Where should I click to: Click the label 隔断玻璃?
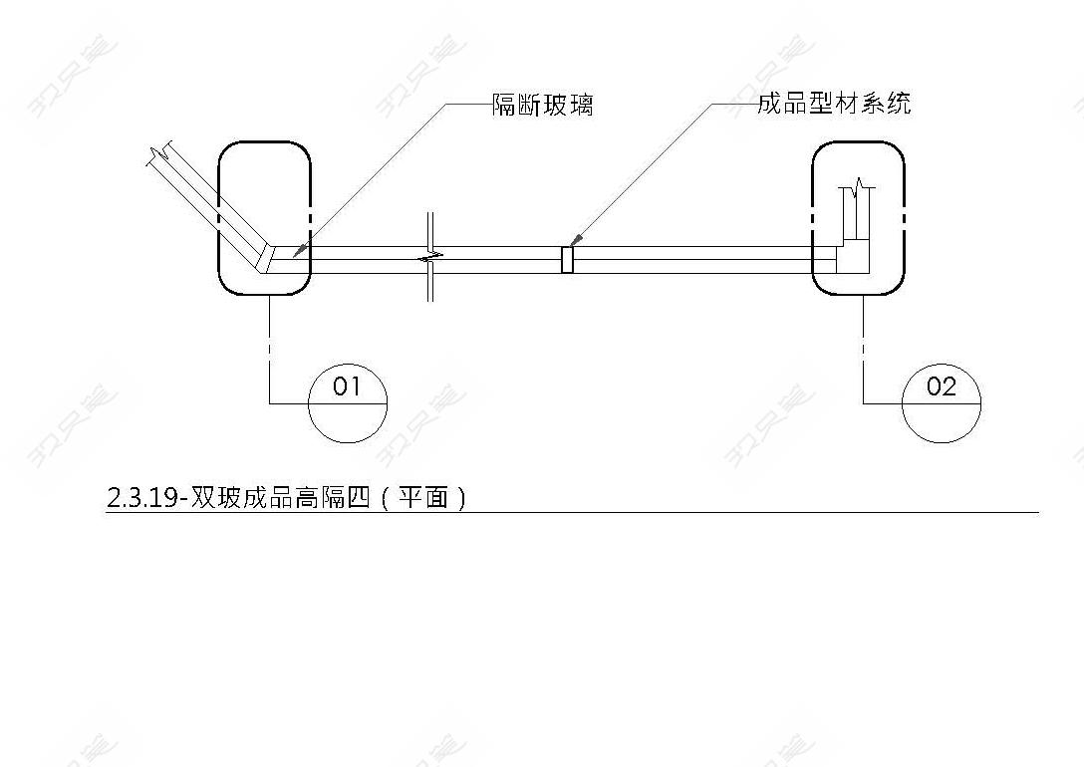tap(543, 105)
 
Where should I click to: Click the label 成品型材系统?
tap(835, 103)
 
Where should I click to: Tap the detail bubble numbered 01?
tap(347, 402)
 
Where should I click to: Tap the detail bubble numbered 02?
tap(942, 402)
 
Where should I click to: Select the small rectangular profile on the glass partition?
tap(567, 260)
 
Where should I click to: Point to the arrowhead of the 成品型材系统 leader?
tap(576, 240)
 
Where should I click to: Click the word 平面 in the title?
tap(423, 497)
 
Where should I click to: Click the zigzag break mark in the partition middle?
tap(430, 258)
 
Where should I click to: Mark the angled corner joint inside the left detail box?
tap(267, 258)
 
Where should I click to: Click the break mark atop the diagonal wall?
tap(160, 153)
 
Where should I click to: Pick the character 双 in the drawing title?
tap(202, 498)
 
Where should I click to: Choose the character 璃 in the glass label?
tap(582, 105)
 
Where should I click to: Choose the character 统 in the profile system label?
tap(900, 103)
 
